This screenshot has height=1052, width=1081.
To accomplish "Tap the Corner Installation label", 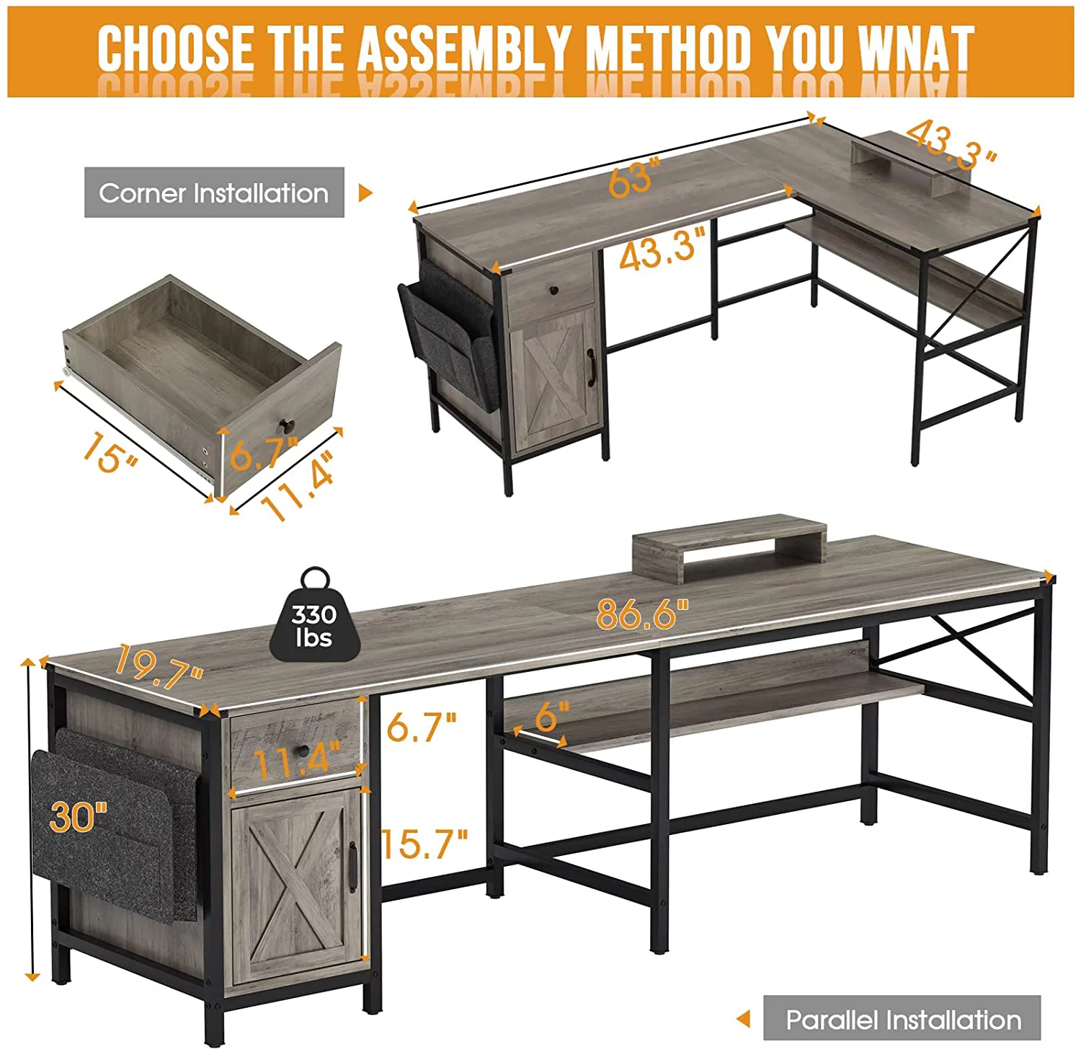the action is pos(214,193).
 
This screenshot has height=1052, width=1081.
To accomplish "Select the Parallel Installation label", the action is pos(902,1020).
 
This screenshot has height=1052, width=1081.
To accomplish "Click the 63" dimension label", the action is pos(634,178).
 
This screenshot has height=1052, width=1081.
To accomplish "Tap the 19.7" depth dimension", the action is pos(158,668).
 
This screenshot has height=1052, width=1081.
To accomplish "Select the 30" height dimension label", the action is pos(79,816).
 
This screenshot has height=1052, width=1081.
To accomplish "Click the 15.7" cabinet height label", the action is pos(424,843).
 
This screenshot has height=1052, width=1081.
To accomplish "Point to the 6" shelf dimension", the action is pos(553,716).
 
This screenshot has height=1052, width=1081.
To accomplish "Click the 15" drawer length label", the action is pos(110,452).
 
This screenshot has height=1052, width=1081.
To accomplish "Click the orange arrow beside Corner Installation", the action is pos(366,193).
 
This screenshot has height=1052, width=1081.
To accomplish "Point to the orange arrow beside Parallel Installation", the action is pos(743,1019).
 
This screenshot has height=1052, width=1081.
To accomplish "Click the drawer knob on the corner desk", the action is pos(553,291).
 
